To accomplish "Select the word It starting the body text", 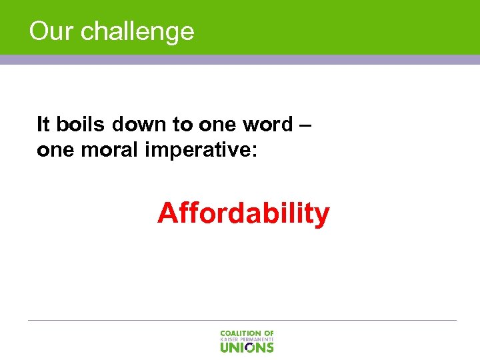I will [43, 124].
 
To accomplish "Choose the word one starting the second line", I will [54, 150].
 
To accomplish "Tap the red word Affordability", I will [243, 213].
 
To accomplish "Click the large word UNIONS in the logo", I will [247, 347].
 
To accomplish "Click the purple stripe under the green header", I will [240, 59].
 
